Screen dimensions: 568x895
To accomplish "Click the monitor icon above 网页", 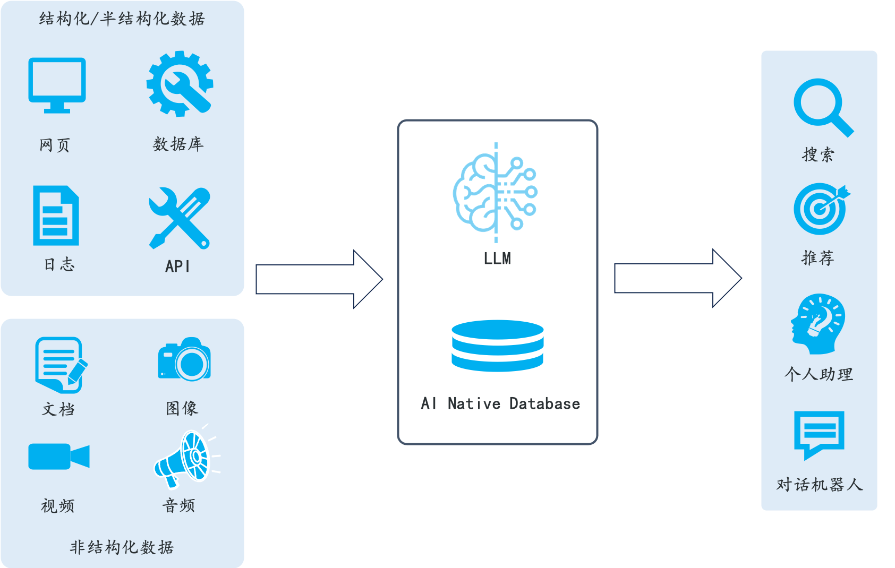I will pos(57,84).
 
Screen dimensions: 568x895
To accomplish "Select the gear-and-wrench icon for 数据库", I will pos(180,84).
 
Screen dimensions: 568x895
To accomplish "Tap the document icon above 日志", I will pos(56,216).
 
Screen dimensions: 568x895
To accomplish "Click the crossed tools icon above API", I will pos(180,218).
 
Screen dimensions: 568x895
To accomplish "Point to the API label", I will pos(177,266).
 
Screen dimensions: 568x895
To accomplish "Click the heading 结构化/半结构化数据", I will pos(122,19).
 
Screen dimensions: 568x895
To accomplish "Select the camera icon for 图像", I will pos(184,359).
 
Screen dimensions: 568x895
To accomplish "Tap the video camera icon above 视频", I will pos(58,457).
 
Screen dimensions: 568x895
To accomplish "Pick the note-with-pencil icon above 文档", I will pos(60,365).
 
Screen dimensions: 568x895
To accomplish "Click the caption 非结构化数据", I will pos(122,547).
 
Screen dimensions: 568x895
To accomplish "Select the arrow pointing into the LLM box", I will pos(319,279).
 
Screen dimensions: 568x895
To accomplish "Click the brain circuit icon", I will pos(496,192).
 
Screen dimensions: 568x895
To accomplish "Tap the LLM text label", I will pos(497,259).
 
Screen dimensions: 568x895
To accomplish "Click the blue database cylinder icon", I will pos(498,346).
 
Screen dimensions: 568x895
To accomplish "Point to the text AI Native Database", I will pos(500,404).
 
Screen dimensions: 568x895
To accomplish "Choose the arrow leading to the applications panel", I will pos(677,278).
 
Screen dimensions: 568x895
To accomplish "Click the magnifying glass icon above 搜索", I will pos(822,107).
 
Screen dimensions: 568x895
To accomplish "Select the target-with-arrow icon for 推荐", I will pos(821,209).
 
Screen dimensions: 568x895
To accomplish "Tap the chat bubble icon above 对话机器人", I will pos(819,433).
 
